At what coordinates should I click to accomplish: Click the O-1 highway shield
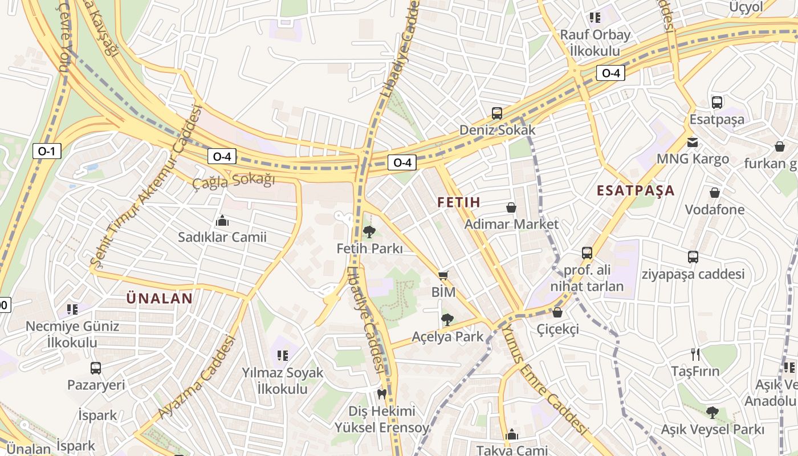[46, 151]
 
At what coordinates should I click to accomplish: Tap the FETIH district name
[459, 202]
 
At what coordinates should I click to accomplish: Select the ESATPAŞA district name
[636, 190]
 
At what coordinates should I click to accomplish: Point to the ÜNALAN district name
[159, 298]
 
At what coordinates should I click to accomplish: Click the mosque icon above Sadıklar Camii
[222, 221]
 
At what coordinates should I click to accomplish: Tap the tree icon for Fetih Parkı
[369, 231]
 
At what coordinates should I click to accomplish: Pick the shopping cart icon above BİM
[443, 275]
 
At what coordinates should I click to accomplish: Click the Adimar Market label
[511, 224]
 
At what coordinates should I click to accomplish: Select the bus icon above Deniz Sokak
[497, 113]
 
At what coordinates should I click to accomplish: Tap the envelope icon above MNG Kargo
[693, 142]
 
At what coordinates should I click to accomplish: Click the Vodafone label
[714, 209]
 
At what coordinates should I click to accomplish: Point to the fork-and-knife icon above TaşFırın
[695, 355]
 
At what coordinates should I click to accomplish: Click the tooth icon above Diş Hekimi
[382, 394]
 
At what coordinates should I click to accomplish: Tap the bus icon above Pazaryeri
[96, 368]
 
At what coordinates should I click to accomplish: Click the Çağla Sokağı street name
[233, 181]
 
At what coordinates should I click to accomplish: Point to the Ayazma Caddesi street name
[197, 377]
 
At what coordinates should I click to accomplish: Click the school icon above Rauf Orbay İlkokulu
[595, 18]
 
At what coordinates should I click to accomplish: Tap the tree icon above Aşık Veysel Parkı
[712, 412]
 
